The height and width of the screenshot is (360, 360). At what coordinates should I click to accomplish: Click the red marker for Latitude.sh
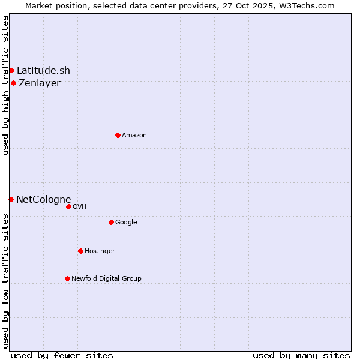pyautogui.click(x=11, y=71)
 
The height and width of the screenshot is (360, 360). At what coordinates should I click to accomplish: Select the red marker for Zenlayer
pyautogui.click(x=13, y=83)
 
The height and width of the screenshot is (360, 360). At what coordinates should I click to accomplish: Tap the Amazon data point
pyautogui.click(x=118, y=135)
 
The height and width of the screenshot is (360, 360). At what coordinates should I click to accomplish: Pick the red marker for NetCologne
pyautogui.click(x=11, y=199)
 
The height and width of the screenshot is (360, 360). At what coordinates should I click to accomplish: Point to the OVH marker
pyautogui.click(x=68, y=206)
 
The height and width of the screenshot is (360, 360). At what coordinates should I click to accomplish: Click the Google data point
pyautogui.click(x=111, y=222)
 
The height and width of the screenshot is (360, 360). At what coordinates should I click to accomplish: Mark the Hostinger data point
pyautogui.click(x=80, y=251)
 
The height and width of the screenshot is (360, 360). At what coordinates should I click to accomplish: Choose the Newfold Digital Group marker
pyautogui.click(x=67, y=278)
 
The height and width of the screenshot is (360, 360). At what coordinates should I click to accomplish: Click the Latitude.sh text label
pyautogui.click(x=43, y=71)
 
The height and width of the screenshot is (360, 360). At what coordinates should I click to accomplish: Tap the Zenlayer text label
pyautogui.click(x=40, y=83)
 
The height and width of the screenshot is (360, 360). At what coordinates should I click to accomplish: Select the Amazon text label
pyautogui.click(x=134, y=136)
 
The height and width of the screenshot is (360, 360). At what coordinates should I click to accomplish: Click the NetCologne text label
pyautogui.click(x=44, y=199)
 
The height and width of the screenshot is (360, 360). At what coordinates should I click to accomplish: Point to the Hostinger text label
pyautogui.click(x=100, y=251)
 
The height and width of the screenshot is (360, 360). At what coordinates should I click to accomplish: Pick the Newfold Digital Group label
pyautogui.click(x=106, y=278)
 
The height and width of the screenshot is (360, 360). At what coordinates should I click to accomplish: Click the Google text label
pyautogui.click(x=126, y=222)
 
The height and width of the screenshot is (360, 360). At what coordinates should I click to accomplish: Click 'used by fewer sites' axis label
pyautogui.click(x=62, y=355)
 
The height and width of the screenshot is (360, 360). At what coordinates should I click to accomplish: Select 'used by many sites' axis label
pyautogui.click(x=301, y=355)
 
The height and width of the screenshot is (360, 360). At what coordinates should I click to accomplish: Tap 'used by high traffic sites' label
pyautogui.click(x=5, y=85)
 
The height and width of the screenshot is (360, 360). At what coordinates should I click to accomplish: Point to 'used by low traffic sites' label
pyautogui.click(x=5, y=281)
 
